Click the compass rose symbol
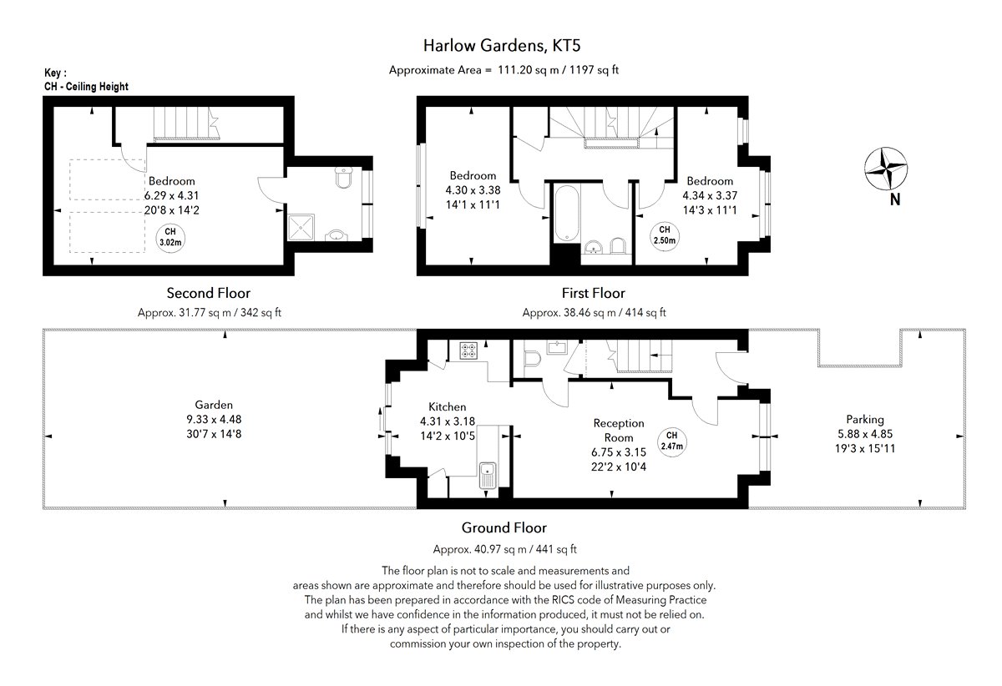[x=886, y=169]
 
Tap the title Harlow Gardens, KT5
[x=502, y=46]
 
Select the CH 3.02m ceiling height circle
[x=170, y=238]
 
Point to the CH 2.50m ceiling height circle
[x=665, y=235]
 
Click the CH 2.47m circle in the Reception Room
[x=672, y=441]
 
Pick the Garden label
[x=214, y=405]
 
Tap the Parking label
[x=865, y=420]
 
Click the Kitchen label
[x=448, y=407]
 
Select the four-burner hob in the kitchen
[x=468, y=351]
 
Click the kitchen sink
[x=488, y=475]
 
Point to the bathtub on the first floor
[x=567, y=214]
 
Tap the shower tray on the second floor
[x=301, y=228]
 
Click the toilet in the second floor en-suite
[x=343, y=177]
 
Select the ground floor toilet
[x=532, y=359]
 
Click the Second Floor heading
[x=209, y=293]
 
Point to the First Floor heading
[x=593, y=293]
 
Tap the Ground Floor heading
[x=504, y=527]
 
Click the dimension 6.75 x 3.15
[x=619, y=452]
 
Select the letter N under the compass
[x=895, y=199]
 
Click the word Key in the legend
[x=53, y=73]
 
